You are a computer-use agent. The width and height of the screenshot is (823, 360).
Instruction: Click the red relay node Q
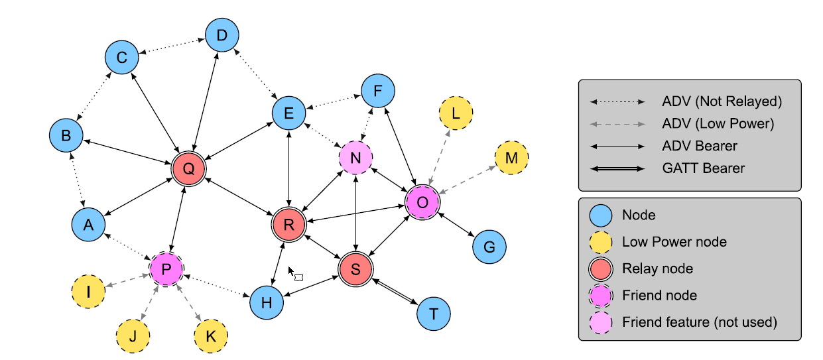click(188, 169)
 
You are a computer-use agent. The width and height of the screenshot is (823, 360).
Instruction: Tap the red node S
click(355, 269)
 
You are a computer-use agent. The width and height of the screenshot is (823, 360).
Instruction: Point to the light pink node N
click(356, 158)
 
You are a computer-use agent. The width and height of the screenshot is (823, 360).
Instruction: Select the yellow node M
click(511, 158)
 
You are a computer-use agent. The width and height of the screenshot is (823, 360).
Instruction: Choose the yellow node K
click(210, 336)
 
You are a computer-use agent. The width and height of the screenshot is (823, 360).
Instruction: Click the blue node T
click(434, 314)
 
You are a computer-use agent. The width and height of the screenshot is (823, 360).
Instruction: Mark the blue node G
click(489, 247)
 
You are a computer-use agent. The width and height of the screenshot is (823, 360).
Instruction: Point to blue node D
click(222, 36)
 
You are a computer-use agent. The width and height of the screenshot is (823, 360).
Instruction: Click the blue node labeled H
click(267, 303)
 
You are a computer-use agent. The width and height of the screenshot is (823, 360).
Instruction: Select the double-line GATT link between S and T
click(395, 292)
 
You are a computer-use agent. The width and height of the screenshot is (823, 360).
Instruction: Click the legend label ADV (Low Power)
click(718, 123)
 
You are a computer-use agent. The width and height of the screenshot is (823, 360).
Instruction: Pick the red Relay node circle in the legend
click(601, 269)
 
